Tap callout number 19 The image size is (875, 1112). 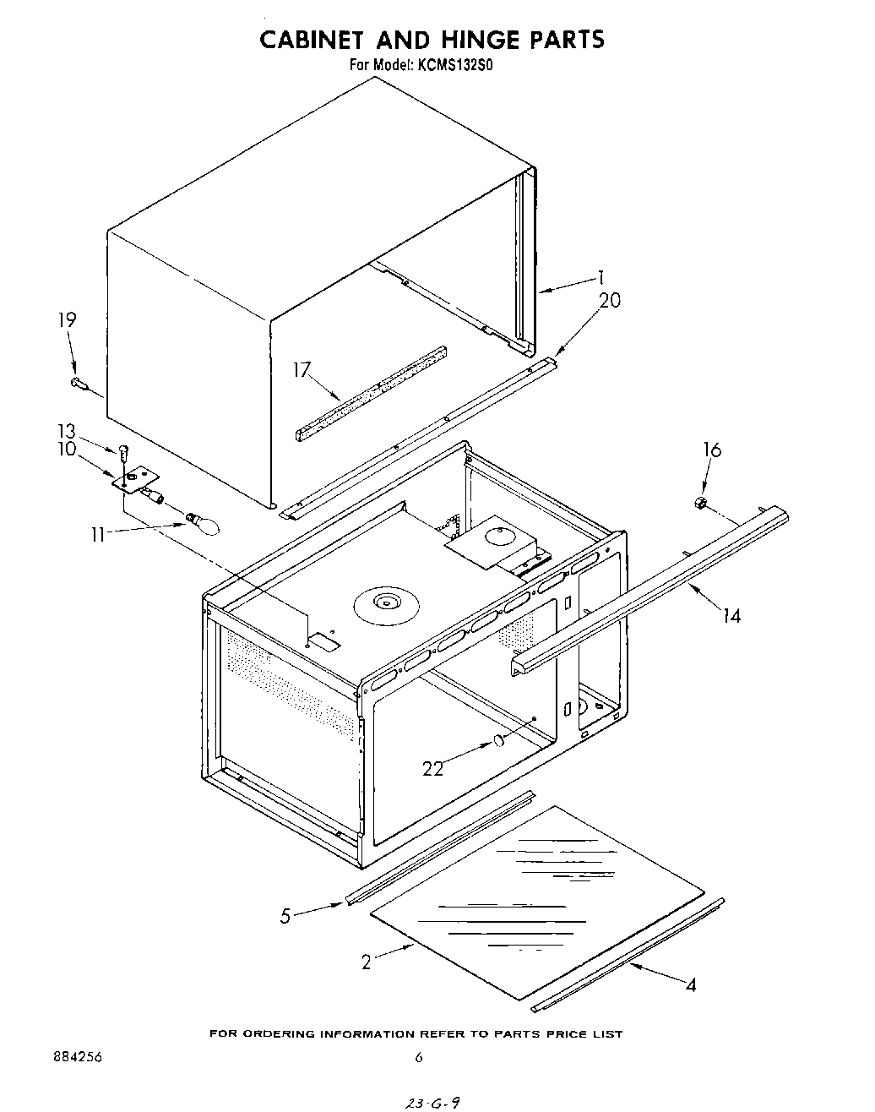(x=67, y=320)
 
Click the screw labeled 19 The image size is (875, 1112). (x=80, y=384)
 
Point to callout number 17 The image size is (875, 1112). (x=302, y=368)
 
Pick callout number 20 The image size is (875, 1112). (x=609, y=301)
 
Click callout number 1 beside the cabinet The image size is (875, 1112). (x=600, y=276)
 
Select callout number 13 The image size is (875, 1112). (x=67, y=430)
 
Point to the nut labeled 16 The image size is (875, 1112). (x=699, y=504)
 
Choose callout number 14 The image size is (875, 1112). (x=731, y=616)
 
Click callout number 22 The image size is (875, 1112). (x=433, y=769)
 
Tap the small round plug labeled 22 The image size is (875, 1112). (x=498, y=742)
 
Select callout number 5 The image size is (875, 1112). (x=285, y=914)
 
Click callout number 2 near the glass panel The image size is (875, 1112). (x=366, y=962)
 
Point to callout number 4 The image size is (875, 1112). (x=691, y=984)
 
